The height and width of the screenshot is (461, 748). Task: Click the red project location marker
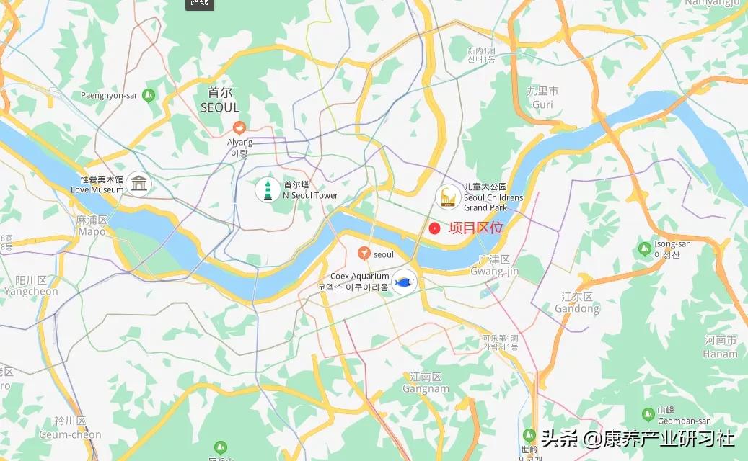coord(434,228)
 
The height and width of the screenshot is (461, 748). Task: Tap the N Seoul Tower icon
coord(268,189)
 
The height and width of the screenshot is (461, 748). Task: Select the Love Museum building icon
coord(138,184)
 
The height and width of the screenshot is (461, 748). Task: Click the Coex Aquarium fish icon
coord(405,282)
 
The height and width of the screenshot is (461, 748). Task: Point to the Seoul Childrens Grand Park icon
coord(448,197)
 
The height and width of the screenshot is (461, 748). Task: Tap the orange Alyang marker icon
coord(239,127)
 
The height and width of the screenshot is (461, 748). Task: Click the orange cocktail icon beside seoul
coord(364,254)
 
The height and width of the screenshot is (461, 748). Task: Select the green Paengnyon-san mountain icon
coord(149,94)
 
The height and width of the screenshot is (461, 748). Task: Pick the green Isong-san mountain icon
coord(645,249)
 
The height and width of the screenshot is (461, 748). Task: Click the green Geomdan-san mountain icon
coord(648,414)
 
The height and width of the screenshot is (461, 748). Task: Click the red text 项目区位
coord(476,228)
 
